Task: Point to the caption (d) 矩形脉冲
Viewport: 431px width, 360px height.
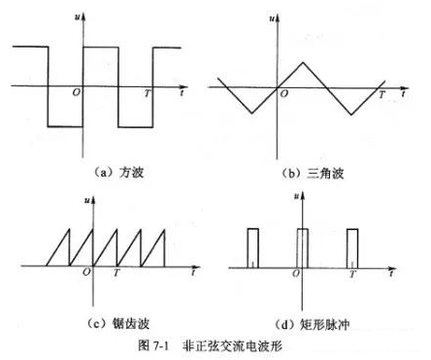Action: [313, 320]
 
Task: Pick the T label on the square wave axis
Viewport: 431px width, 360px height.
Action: [147, 93]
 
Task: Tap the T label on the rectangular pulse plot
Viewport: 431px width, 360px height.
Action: [351, 275]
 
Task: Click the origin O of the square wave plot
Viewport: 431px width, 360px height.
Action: [76, 93]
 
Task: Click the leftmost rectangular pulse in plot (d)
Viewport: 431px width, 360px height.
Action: [252, 246]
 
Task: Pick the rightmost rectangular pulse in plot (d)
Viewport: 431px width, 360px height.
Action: [351, 246]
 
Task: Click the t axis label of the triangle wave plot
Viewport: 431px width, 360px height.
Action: [403, 95]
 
